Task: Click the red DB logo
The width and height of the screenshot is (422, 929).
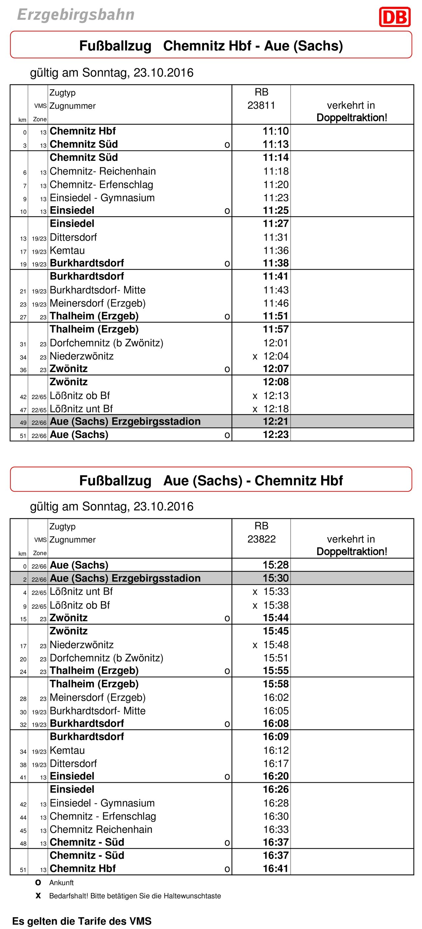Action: point(395,17)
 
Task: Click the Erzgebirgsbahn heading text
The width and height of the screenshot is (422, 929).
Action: point(76,15)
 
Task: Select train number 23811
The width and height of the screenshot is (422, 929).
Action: point(261,105)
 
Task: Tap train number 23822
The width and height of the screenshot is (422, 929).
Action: point(261,539)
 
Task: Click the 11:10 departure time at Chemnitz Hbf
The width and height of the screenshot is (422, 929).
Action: point(276,131)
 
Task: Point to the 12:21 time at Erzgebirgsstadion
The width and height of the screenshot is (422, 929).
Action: point(276,421)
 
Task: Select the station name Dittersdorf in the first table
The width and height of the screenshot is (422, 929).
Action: point(73,237)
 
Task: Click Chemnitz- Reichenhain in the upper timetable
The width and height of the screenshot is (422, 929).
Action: point(103,171)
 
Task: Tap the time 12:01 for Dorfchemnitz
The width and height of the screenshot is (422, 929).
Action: point(276,343)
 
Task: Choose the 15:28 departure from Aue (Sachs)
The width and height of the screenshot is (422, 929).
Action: point(276,565)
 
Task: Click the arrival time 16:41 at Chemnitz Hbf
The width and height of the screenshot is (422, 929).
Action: point(276,868)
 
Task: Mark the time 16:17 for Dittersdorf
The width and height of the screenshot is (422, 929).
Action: point(276,764)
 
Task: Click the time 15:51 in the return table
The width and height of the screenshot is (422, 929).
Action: point(276,658)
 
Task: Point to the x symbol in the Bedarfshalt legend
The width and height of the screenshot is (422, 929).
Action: point(38,896)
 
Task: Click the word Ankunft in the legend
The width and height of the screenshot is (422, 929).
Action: point(61,883)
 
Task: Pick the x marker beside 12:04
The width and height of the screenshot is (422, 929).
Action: point(255,357)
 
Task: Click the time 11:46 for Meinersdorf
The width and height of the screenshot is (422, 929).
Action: point(276,303)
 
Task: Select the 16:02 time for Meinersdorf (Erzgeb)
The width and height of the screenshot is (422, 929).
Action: point(276,697)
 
